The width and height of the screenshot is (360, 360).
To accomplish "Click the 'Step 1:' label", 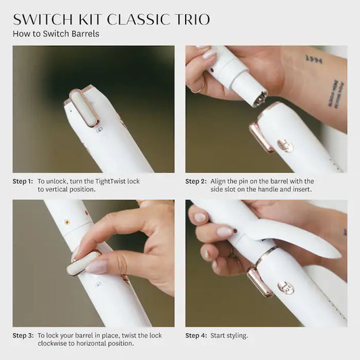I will [22, 181].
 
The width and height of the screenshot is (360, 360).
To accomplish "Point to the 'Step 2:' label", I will [195, 181].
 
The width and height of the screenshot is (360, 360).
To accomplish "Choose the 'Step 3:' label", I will [22, 335].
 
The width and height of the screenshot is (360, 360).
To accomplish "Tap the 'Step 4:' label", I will [195, 335].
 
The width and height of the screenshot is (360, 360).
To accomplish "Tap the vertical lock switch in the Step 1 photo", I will [83, 109].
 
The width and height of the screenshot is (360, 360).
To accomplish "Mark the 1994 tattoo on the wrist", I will [313, 59].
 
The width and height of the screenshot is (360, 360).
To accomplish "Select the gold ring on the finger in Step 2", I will [197, 88].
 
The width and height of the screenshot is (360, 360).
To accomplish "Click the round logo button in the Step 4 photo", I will [286, 288].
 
